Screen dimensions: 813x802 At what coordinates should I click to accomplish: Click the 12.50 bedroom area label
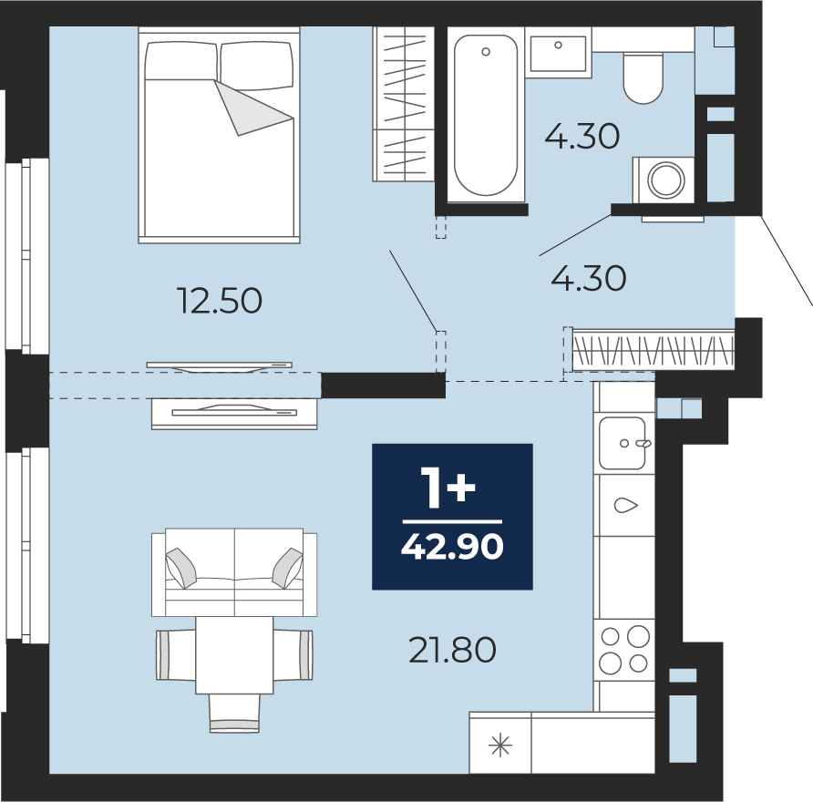220,301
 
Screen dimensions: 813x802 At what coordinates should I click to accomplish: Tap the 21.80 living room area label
452,650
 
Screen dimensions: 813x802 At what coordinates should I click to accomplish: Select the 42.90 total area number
452,547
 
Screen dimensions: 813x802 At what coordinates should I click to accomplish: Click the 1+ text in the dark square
448,487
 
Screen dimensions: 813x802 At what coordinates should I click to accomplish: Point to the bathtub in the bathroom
486,115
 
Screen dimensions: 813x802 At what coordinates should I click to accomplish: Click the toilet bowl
643,78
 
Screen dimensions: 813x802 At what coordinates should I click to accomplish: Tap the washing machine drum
665,180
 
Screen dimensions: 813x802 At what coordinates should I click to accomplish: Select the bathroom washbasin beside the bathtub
559,52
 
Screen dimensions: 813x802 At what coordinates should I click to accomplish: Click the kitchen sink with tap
623,443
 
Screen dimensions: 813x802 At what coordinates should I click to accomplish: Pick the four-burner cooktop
624,650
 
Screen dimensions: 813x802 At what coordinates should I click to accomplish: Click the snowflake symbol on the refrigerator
500,746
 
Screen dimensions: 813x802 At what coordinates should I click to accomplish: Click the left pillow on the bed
181,61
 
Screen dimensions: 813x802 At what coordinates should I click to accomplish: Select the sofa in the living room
234,572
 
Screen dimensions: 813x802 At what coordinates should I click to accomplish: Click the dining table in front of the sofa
234,655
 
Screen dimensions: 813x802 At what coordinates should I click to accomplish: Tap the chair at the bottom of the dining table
234,714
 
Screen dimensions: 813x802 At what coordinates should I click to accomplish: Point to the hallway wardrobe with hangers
653,351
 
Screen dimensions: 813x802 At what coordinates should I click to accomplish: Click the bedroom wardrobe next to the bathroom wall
403,104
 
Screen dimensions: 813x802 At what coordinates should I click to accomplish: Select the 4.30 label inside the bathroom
582,137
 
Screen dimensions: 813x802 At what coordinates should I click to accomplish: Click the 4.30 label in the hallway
589,278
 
